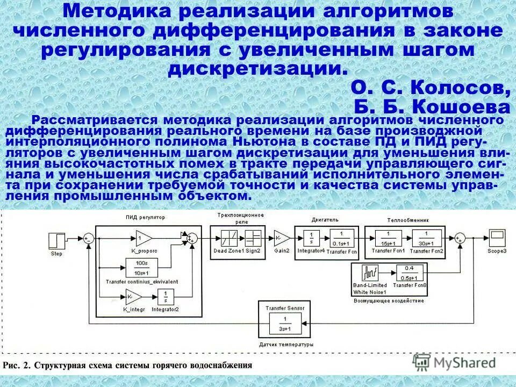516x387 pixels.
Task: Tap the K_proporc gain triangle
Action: coord(142,237)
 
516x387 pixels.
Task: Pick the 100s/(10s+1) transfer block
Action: coord(142,267)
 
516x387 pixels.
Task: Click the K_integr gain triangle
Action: coord(133,296)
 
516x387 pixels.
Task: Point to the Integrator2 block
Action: coord(165,296)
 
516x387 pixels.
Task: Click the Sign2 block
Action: coord(253,237)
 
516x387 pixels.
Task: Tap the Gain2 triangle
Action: coord(282,237)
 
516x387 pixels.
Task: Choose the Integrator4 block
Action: coord(312,237)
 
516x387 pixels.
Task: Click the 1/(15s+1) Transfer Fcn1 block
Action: coord(385,237)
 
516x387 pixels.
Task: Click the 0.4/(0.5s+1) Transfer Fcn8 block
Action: coord(410,272)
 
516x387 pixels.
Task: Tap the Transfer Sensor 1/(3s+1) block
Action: coord(284,325)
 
